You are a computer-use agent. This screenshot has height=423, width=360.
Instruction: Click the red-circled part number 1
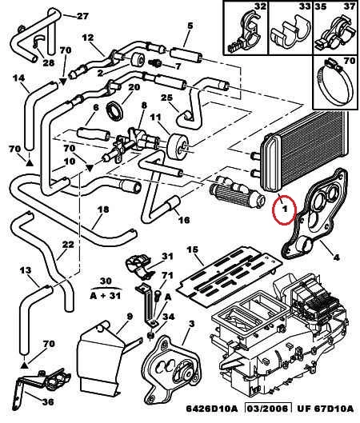[285, 209]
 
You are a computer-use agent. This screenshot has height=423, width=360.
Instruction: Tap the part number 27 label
[82, 16]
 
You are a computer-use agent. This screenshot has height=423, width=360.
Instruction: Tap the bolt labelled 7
[155, 63]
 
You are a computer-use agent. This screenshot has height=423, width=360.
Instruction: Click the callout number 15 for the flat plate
[193, 249]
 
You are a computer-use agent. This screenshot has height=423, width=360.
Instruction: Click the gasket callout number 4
[336, 257]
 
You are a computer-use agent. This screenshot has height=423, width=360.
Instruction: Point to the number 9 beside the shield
[130, 316]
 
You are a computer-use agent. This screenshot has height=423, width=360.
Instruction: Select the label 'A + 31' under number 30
[106, 296]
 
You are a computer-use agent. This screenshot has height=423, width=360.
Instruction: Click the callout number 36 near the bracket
[48, 402]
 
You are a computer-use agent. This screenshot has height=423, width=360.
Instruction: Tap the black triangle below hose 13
[24, 365]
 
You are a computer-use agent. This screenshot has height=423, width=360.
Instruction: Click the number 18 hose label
[103, 210]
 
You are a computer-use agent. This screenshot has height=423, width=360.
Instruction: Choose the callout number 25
[166, 98]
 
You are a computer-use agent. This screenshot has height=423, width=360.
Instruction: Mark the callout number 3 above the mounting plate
[192, 324]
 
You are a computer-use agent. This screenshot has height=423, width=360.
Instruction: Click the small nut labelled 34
[151, 335]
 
